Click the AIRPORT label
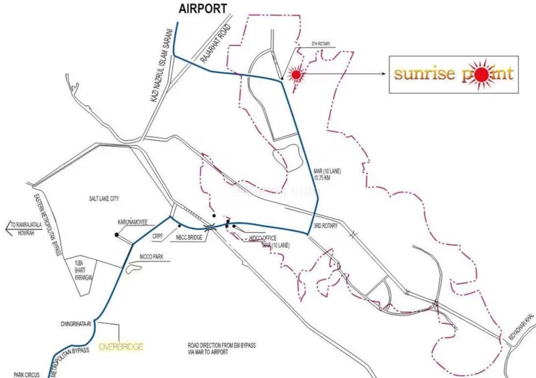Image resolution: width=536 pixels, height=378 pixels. coord(203,8)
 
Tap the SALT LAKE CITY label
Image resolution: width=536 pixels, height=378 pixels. coord(101,199)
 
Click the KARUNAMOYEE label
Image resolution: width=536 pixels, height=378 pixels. coord(132,222)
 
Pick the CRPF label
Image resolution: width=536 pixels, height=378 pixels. coord(157,236)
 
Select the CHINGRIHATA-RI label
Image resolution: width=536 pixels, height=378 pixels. coord(77,323)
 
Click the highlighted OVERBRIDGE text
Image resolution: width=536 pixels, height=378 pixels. coord(121,347)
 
